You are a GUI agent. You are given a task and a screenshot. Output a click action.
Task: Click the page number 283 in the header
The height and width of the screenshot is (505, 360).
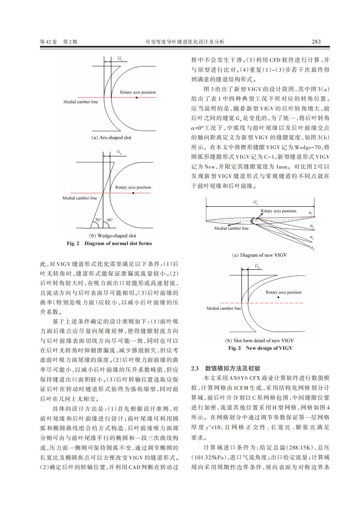tap(316, 42)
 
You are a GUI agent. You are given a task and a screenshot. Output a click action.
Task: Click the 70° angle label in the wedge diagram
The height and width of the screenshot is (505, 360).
tap(98, 220)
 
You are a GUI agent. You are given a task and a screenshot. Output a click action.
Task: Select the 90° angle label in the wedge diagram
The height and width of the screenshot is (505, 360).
tap(110, 220)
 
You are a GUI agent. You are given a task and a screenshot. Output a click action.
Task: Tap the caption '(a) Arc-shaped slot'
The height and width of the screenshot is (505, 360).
tap(111, 138)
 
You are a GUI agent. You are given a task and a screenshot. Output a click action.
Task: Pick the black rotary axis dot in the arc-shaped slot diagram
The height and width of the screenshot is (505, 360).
tap(137, 97)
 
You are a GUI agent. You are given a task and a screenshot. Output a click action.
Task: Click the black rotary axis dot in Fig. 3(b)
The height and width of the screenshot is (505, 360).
tap(278, 297)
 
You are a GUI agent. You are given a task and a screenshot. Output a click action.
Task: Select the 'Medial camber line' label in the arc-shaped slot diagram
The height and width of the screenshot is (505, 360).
tap(81, 102)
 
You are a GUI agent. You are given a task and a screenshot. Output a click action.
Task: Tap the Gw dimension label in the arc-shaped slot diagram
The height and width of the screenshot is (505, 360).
tap(120, 58)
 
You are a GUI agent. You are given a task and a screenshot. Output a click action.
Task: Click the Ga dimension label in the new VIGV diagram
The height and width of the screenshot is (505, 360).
tap(256, 202)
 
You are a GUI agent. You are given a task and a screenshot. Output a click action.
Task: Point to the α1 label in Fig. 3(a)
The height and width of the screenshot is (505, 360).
tap(311, 213)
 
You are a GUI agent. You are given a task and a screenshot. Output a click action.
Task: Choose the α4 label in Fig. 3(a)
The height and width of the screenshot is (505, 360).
tap(312, 248)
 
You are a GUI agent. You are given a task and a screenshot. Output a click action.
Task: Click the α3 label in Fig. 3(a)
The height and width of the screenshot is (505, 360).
tap(312, 237)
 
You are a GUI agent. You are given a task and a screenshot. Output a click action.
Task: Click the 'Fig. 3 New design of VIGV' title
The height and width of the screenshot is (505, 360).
tap(260, 348)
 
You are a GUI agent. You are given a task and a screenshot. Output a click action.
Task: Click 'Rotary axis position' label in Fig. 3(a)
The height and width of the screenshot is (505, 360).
tap(278, 211)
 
